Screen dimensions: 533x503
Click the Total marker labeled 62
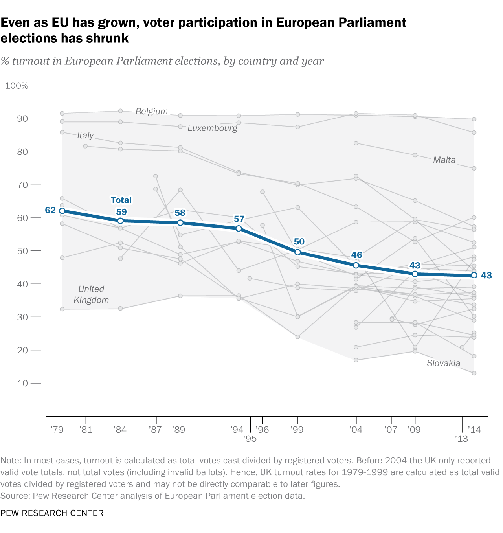62,211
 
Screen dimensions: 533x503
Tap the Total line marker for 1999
297,252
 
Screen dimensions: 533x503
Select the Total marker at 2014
474,275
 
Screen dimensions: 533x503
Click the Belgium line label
152,111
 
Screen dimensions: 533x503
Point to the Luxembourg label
212,128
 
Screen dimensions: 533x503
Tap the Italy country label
85,135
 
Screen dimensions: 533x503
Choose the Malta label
444,160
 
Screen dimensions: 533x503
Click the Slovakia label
443,363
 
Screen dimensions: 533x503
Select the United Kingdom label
91,294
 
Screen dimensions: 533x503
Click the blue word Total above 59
121,200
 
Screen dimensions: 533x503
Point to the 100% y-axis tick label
17,86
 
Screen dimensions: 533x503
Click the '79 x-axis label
57,430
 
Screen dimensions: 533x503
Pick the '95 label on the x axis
250,439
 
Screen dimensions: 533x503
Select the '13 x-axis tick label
461,438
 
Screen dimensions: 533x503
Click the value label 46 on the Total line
356,255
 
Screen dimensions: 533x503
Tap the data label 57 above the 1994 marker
239,219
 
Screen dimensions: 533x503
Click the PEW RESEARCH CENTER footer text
52,513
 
